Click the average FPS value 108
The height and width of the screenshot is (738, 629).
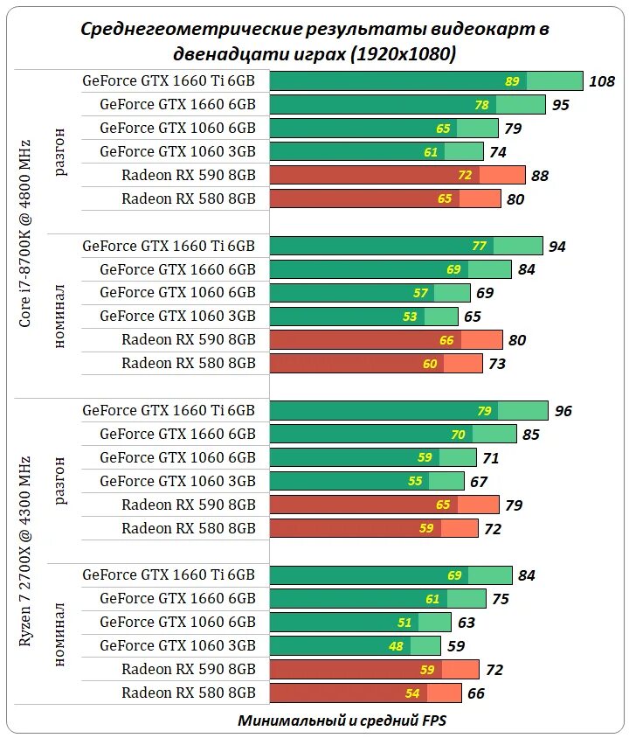pos(603,81)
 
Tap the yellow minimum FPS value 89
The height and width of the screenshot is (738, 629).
pos(512,81)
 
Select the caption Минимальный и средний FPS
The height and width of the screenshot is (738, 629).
pos(342,721)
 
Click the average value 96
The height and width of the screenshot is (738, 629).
pos(563,411)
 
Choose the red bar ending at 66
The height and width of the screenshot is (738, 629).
pos(365,693)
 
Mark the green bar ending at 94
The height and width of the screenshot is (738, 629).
pos(406,246)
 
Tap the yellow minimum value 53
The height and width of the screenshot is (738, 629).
pos(411,317)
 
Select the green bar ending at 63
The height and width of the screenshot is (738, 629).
pos(360,623)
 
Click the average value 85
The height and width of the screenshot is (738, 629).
pos(531,435)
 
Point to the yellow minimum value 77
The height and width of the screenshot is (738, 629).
pos(479,246)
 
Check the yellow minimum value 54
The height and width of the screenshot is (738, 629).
pos(412,693)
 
